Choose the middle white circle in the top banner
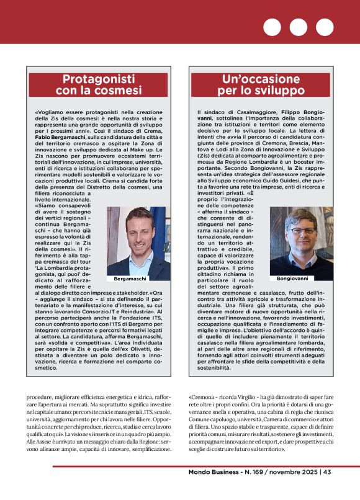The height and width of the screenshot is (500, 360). (x=299, y=27)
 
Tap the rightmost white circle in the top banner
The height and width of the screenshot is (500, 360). (x=325, y=27)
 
